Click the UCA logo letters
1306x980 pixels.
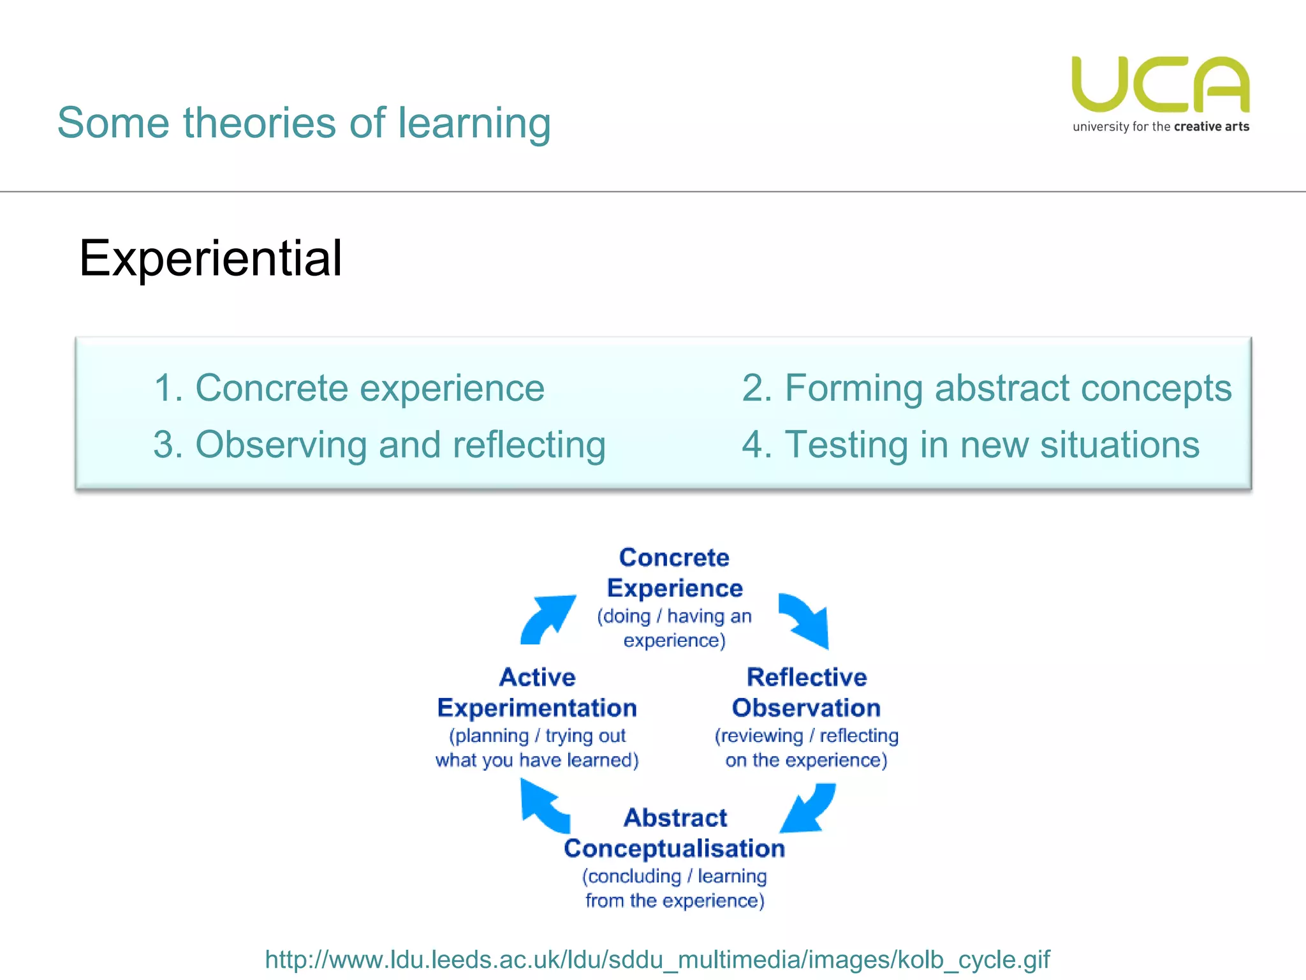(1160, 84)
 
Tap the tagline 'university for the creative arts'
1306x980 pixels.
(1160, 126)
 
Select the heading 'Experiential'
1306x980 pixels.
(210, 258)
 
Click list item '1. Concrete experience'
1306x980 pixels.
(349, 388)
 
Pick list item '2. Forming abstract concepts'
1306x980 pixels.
(986, 388)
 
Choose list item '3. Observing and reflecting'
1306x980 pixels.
(379, 445)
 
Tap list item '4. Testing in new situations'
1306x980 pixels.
(970, 445)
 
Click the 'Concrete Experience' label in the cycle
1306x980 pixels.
(674, 572)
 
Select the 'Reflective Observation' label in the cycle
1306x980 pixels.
(806, 692)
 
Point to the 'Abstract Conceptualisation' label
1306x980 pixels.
(674, 833)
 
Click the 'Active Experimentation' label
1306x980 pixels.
(537, 692)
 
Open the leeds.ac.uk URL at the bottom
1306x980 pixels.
(657, 959)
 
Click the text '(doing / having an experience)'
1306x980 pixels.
(674, 628)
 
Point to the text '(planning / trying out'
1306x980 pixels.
(537, 736)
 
